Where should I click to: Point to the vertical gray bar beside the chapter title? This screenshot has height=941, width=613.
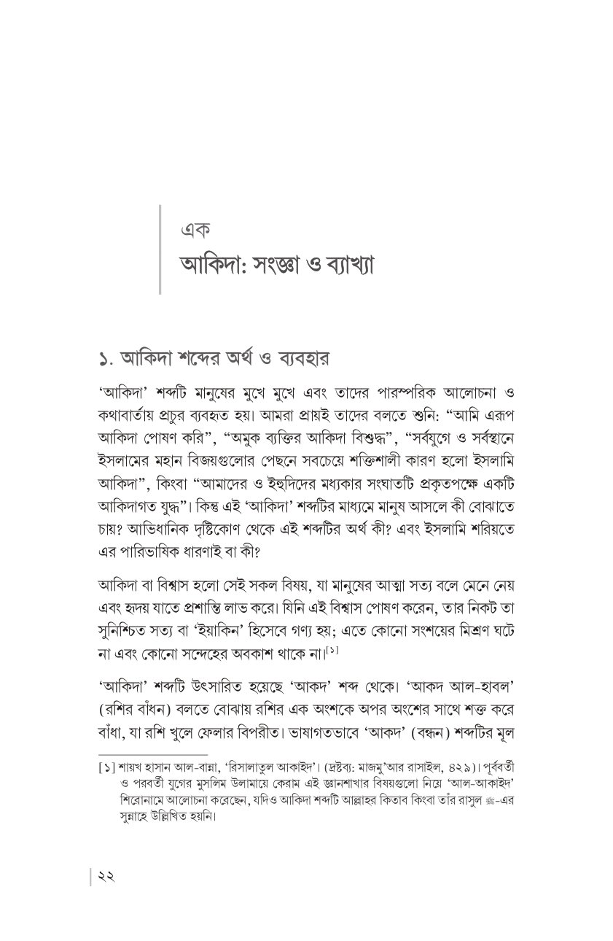click(x=160, y=249)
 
